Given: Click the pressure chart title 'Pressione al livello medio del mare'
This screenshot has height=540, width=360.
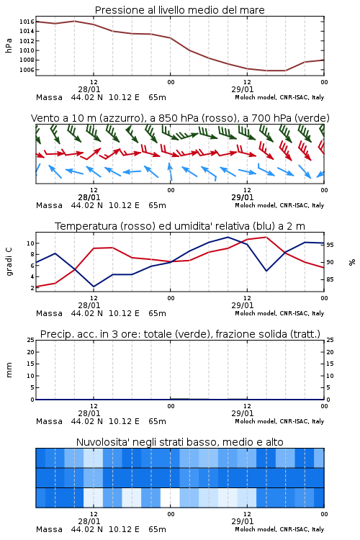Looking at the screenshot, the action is [179, 10].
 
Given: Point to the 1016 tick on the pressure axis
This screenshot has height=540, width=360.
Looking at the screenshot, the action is [27, 22].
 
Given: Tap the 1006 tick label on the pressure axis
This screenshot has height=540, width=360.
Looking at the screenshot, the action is [27, 70].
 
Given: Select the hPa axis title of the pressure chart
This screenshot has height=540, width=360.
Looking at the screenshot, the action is [9, 45].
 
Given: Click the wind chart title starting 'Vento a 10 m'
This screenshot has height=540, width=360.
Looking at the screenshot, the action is [180, 118].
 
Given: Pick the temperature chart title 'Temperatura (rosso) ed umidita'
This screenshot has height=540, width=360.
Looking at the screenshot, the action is [180, 226].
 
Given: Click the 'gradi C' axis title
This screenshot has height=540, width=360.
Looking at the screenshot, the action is [9, 262].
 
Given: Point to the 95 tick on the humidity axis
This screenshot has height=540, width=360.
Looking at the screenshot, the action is [330, 245].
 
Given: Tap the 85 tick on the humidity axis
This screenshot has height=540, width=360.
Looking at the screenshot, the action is [330, 279].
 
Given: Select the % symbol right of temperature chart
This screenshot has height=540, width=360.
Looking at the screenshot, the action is [352, 262].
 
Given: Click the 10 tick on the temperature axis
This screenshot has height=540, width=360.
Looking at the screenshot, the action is [30, 243].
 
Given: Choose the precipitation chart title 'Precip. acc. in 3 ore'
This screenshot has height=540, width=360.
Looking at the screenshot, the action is [180, 334].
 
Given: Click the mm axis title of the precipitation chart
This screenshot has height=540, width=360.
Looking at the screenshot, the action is [9, 370].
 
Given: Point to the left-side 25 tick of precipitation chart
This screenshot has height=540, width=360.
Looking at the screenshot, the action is [30, 341].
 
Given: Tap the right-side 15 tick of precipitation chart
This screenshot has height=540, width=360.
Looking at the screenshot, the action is [330, 364].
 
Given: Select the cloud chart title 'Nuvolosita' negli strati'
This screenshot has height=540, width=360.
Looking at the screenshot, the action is [179, 442].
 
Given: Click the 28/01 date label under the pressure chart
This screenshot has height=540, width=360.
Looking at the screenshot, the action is [89, 89].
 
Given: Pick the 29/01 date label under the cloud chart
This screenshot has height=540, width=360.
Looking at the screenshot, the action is [243, 521].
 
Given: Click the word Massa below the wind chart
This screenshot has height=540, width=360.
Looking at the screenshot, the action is [49, 206].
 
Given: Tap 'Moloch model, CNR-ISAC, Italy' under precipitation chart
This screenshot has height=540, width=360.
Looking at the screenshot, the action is [279, 421].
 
